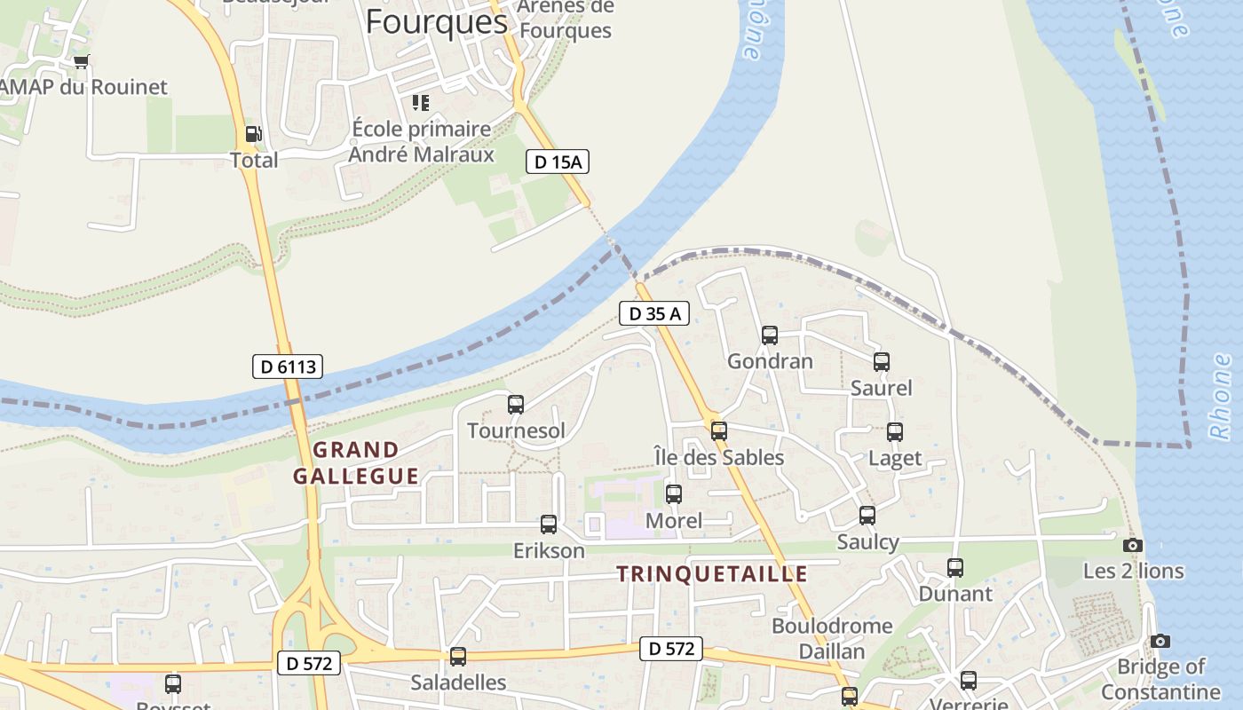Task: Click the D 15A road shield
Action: pyautogui.click(x=558, y=162)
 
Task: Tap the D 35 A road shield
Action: pyautogui.click(x=654, y=313)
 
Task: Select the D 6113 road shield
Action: pyautogui.click(x=287, y=367)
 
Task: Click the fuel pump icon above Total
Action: pyautogui.click(x=253, y=134)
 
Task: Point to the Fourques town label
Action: pyautogui.click(x=436, y=21)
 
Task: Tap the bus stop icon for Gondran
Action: pyautogui.click(x=770, y=335)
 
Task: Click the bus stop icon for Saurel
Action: pyautogui.click(x=882, y=362)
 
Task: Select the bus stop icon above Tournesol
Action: pyautogui.click(x=516, y=405)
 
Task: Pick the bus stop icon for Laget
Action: pyautogui.click(x=895, y=432)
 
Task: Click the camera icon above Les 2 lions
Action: pyautogui.click(x=1133, y=545)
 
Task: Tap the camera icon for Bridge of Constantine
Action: pyautogui.click(x=1160, y=641)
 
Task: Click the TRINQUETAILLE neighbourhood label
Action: pyautogui.click(x=712, y=574)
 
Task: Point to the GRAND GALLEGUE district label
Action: pyautogui.click(x=356, y=463)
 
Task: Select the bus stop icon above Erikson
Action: pyautogui.click(x=549, y=525)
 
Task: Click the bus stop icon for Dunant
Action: pyautogui.click(x=955, y=567)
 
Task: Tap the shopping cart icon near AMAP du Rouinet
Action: pyautogui.click(x=82, y=61)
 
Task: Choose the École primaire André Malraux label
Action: pyautogui.click(x=421, y=142)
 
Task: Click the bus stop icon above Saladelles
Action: pyautogui.click(x=458, y=657)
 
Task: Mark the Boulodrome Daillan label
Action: pyautogui.click(x=832, y=638)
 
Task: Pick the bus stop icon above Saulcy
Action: pyautogui.click(x=867, y=515)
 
